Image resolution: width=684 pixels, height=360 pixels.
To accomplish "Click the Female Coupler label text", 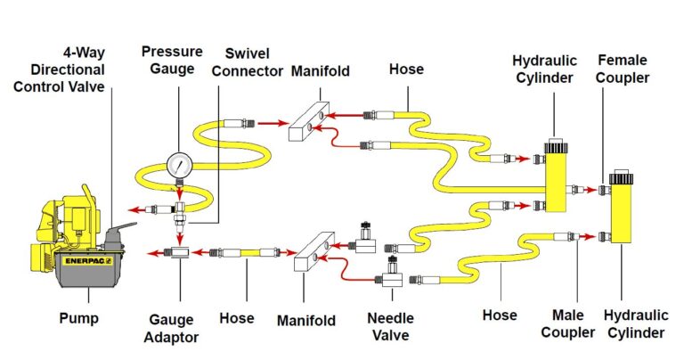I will point(623,69).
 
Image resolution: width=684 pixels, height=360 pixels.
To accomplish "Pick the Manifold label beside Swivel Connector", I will point(324,70).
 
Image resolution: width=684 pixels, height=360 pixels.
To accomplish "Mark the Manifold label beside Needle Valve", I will point(305,319).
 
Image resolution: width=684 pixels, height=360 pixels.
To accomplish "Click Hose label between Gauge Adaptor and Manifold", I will point(236,317).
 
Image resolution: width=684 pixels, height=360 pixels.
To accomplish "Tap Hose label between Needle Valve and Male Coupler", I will point(500,315).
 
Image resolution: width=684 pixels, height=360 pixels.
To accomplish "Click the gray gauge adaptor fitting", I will point(179,253).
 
